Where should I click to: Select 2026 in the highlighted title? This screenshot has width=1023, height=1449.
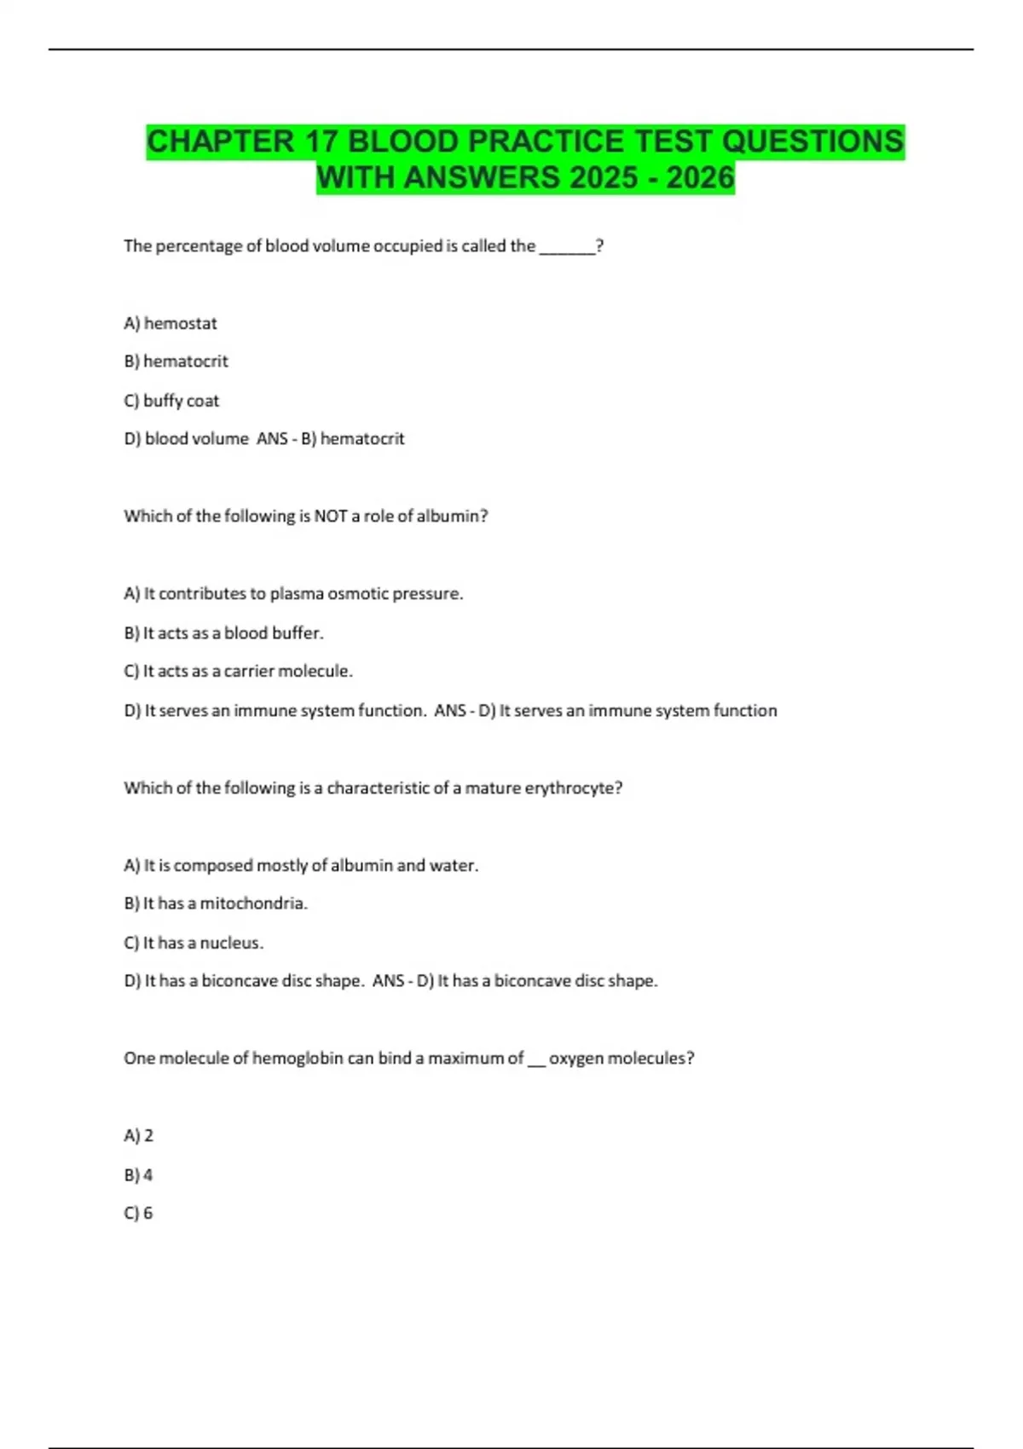700,178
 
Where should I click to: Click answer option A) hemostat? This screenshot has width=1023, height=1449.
170,323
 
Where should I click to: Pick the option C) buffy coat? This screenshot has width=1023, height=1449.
171,401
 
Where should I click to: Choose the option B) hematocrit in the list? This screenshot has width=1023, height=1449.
176,361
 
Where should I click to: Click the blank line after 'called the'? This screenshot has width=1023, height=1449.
567,247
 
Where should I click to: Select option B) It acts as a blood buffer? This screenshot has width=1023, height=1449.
223,633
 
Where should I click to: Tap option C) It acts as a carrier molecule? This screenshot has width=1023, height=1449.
238,672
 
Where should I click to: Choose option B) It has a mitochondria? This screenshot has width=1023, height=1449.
216,903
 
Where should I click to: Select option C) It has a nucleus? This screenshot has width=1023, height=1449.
194,943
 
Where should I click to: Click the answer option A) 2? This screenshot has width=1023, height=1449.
139,1136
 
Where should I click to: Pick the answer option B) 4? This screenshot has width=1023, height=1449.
138,1175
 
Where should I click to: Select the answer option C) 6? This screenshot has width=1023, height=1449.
138,1214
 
